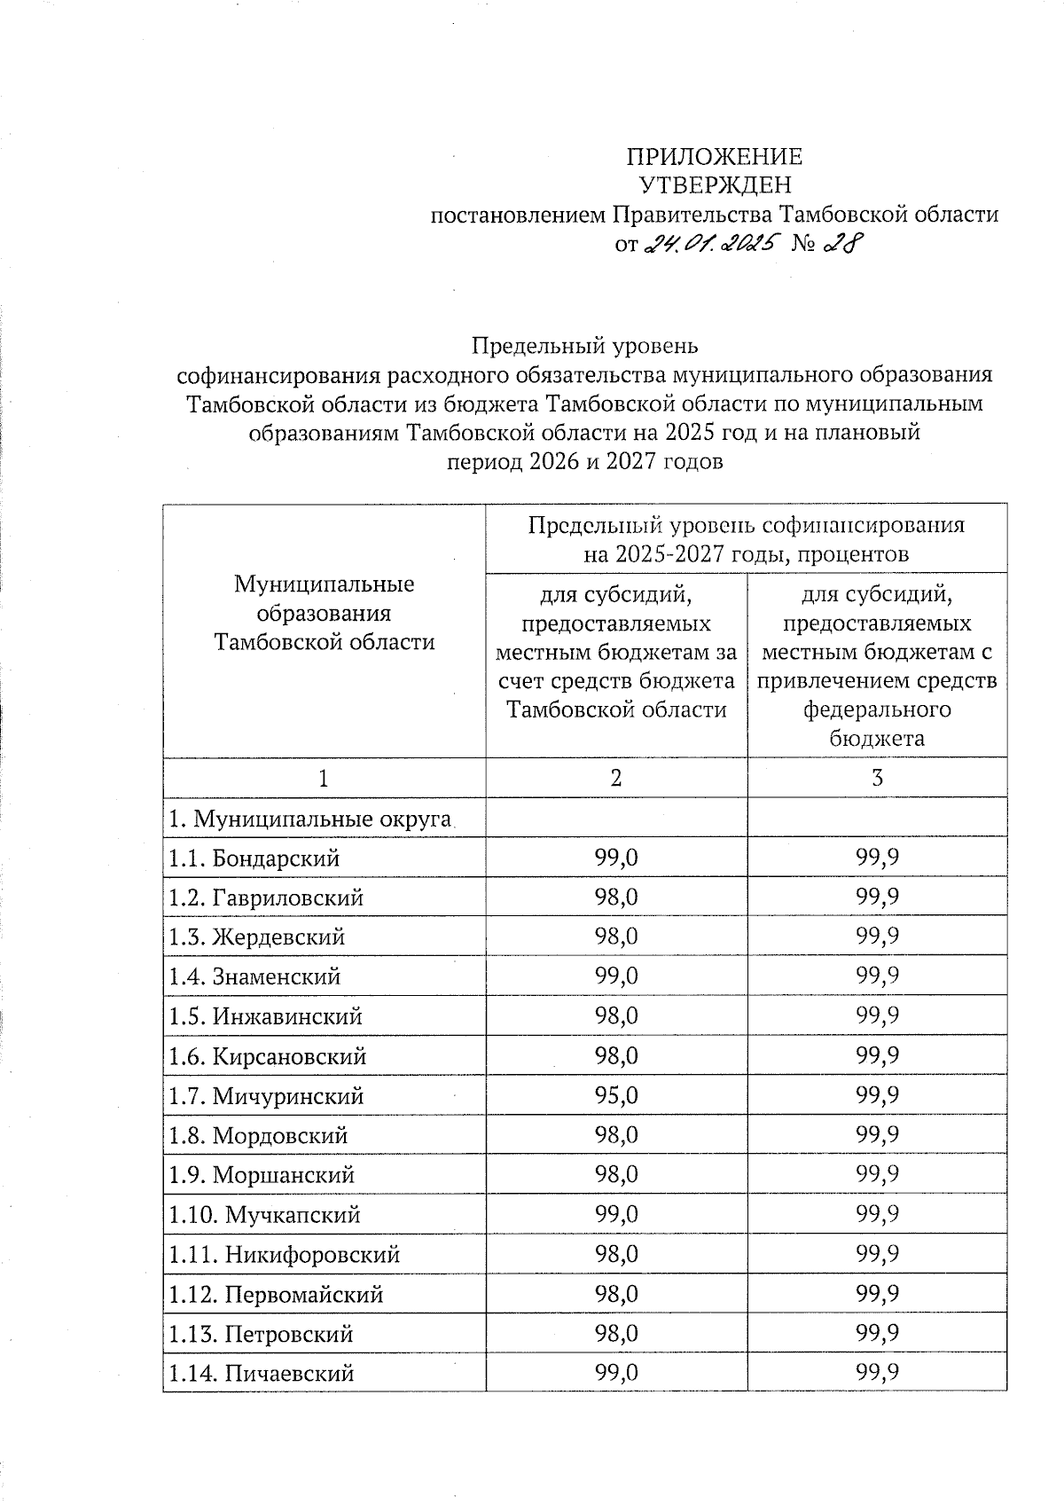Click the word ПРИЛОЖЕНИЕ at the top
pyautogui.click(x=714, y=157)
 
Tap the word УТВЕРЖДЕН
pyautogui.click(x=715, y=185)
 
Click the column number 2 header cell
pyautogui.click(x=615, y=778)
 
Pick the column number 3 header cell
pyautogui.click(x=877, y=778)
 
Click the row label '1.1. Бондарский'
pyautogui.click(x=254, y=858)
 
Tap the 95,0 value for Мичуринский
pyautogui.click(x=616, y=1095)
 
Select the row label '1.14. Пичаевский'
pyautogui.click(x=262, y=1374)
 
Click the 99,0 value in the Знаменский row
pyautogui.click(x=616, y=976)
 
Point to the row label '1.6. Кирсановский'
pyautogui.click(x=267, y=1056)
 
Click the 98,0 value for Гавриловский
pyautogui.click(x=616, y=897)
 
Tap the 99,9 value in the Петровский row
pyautogui.click(x=878, y=1334)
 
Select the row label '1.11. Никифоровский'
pyautogui.click(x=284, y=1254)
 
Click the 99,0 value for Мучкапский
pyautogui.click(x=616, y=1214)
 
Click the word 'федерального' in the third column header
pyautogui.click(x=877, y=709)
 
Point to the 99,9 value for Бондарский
pyautogui.click(x=878, y=858)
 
